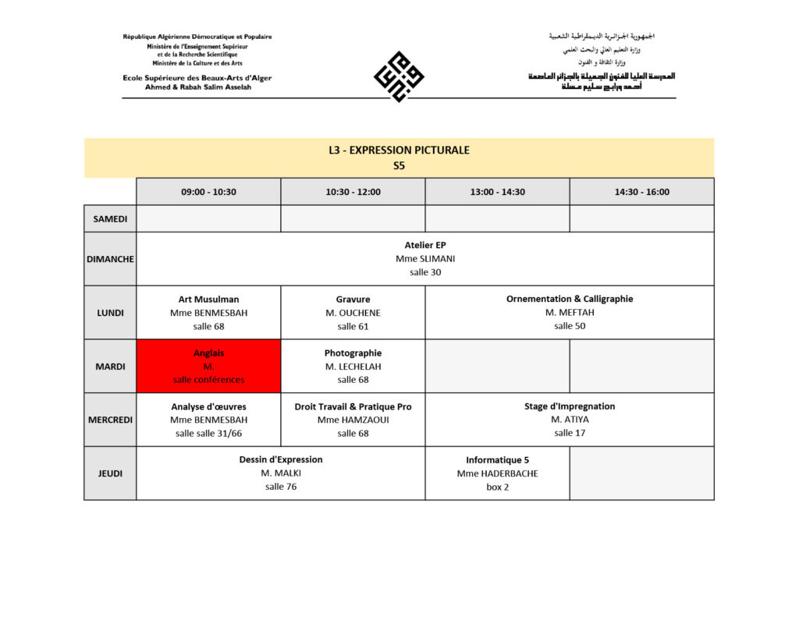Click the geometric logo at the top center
click(399, 76)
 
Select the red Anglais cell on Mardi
click(208, 366)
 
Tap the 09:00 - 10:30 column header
click(208, 192)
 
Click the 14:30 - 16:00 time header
click(641, 192)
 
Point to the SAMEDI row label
click(110, 219)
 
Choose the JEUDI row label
click(110, 473)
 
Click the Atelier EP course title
click(425, 245)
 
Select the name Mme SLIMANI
click(425, 258)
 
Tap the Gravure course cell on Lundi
click(353, 312)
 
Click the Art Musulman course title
click(208, 299)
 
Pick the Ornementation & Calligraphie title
click(570, 299)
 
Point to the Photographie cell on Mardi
click(353, 366)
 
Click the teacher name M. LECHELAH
click(353, 367)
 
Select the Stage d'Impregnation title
click(570, 406)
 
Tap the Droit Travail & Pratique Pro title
click(353, 406)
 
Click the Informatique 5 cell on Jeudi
click(497, 473)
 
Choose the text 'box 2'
click(497, 487)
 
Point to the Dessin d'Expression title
click(281, 459)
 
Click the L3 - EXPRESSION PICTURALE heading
click(399, 150)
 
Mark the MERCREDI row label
click(110, 420)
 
